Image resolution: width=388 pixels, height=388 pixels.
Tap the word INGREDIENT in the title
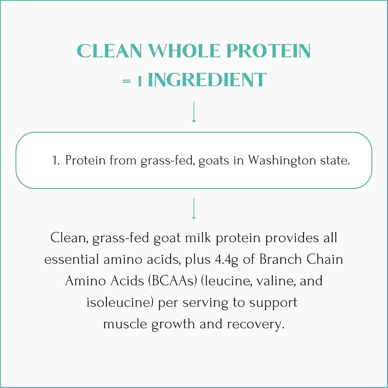coord(207,80)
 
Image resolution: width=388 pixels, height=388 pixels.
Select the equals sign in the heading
coord(127,81)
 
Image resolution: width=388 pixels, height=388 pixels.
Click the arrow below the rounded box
coord(194,208)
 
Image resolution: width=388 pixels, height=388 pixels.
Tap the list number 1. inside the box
coord(56,161)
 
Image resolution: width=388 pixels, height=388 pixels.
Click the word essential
coord(71,260)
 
